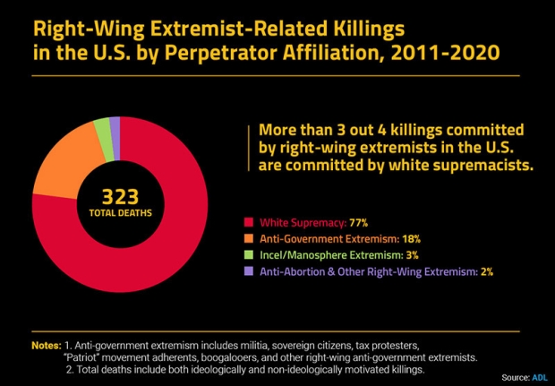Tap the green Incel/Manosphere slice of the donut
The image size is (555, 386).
pyautogui.click(x=103, y=127)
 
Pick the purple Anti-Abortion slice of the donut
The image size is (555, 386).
pyautogui.click(x=115, y=124)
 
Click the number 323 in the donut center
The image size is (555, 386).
pyautogui.click(x=119, y=196)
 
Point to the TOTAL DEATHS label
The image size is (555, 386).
pyautogui.click(x=119, y=212)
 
